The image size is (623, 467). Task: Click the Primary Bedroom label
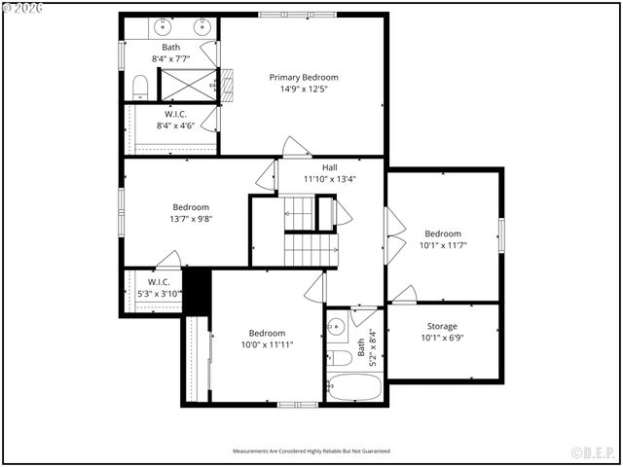click(304, 77)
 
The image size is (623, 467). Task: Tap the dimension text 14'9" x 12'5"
click(304, 90)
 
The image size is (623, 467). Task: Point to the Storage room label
click(442, 326)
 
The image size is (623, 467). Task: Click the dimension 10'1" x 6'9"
click(442, 339)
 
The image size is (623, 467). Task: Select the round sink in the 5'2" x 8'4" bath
click(335, 327)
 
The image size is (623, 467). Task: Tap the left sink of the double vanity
click(162, 26)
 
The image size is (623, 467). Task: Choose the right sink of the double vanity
click(202, 26)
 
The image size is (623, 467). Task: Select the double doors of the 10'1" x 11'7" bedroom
click(394, 236)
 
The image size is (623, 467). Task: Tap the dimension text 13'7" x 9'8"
click(192, 219)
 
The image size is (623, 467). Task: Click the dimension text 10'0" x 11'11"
click(267, 344)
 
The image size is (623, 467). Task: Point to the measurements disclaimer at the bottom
click(311, 451)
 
